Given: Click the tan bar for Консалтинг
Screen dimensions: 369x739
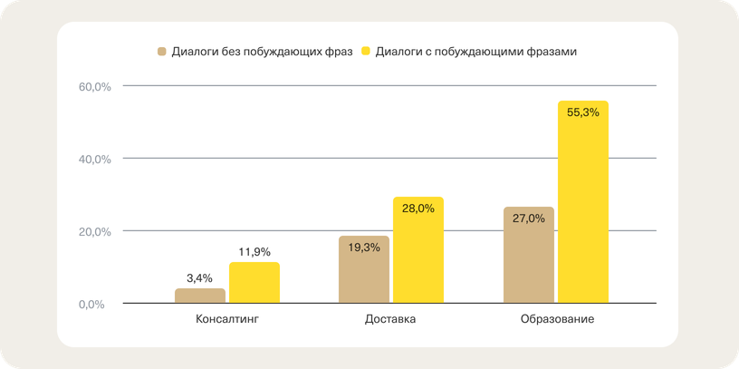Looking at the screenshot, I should [199, 296].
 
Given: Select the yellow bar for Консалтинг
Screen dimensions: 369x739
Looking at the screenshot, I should [254, 283].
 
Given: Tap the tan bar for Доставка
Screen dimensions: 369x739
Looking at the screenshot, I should [364, 270].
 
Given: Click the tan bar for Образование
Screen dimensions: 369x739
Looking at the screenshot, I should [528, 256].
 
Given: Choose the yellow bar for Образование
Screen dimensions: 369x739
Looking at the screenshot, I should [582, 204].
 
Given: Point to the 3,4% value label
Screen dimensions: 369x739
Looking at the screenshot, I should [199, 278].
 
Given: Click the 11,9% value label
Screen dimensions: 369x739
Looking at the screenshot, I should [254, 251].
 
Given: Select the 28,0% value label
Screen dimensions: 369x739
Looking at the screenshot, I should [418, 209].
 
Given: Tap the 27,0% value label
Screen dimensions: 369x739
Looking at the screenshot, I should [528, 218].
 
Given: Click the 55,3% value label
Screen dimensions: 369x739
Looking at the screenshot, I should [582, 112].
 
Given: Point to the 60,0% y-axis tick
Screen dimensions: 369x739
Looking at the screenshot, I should [94, 87].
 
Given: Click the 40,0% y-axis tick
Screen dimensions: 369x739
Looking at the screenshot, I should [94, 159].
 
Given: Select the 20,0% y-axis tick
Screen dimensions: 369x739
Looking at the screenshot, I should [94, 231].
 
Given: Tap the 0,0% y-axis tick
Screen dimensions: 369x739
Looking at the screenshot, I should [97, 304].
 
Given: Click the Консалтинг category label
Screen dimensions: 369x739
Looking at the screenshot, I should [226, 320].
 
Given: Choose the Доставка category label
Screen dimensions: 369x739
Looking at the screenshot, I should [390, 320].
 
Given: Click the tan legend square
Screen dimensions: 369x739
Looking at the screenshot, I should [162, 51].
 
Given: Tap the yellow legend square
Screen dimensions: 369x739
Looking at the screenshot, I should [367, 51].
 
